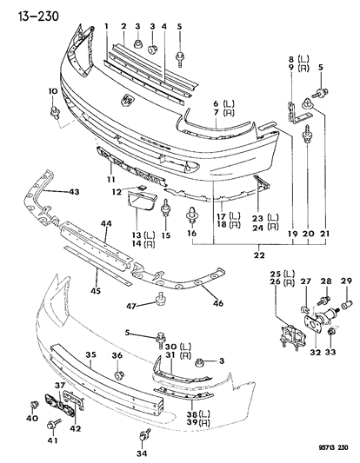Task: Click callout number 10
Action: click(51, 91)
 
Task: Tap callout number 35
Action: click(90, 354)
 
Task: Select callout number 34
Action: click(142, 452)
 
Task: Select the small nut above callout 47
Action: click(159, 301)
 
